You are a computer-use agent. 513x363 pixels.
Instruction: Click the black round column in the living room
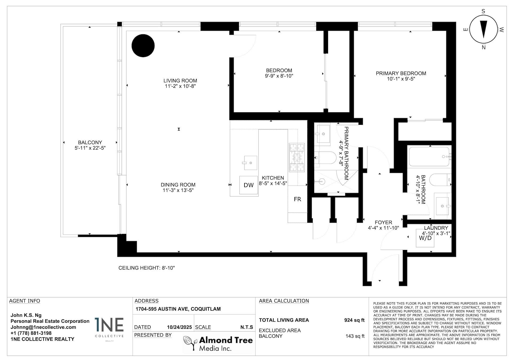[143, 45]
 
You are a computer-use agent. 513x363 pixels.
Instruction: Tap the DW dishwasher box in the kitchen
[248, 185]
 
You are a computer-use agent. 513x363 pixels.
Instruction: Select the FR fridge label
[297, 199]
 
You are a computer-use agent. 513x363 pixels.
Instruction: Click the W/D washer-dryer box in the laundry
[425, 238]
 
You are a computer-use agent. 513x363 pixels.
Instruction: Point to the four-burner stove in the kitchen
[297, 157]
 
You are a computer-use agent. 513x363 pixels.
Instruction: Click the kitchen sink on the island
[251, 163]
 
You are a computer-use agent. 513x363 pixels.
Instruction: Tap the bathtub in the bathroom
[429, 157]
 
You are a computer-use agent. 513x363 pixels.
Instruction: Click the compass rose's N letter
[484, 48]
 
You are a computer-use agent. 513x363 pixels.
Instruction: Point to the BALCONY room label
[90, 142]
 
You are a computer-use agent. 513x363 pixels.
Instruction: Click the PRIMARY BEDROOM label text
[401, 73]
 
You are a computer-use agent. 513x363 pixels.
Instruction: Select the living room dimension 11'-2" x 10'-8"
[180, 86]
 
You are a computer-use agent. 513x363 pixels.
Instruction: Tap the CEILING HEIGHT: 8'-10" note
[146, 268]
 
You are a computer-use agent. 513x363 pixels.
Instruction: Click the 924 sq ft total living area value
[354, 320]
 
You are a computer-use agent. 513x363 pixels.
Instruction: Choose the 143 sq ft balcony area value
[355, 336]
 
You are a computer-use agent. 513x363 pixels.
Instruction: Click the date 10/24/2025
[179, 327]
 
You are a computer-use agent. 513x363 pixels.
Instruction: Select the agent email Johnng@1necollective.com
[43, 327]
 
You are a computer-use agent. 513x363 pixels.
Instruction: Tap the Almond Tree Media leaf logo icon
[191, 343]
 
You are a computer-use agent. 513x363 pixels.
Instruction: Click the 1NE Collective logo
[109, 329]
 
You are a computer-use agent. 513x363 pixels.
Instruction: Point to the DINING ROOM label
[178, 185]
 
